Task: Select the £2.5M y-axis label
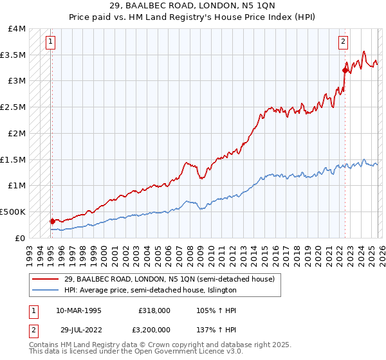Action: point(14,107)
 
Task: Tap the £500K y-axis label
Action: point(13,212)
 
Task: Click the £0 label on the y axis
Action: point(20,238)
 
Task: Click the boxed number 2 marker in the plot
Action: point(344,42)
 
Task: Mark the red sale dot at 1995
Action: point(52,221)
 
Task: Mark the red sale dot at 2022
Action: point(345,71)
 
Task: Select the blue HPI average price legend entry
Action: point(151,290)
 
